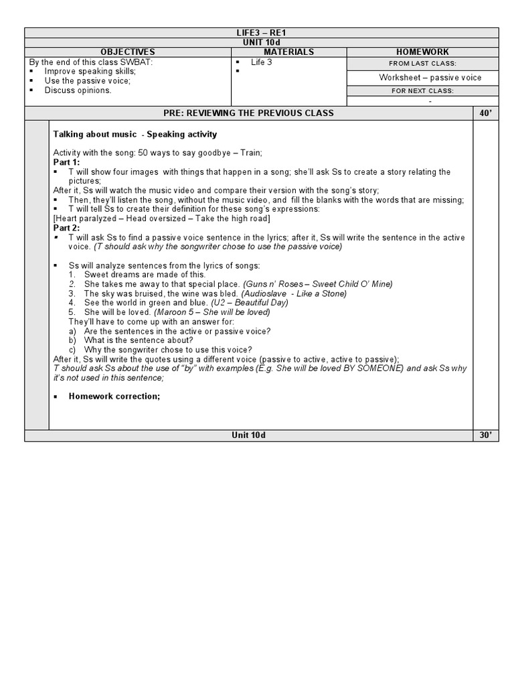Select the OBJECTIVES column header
[127, 52]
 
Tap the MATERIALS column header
[288, 52]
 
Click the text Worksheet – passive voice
[430, 78]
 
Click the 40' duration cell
[485, 113]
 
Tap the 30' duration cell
[485, 435]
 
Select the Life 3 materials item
[262, 62]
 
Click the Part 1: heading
[66, 162]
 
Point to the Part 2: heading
[66, 228]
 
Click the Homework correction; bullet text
[114, 396]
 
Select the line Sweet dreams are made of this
[145, 275]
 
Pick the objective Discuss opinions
[78, 90]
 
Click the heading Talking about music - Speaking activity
[135, 135]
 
